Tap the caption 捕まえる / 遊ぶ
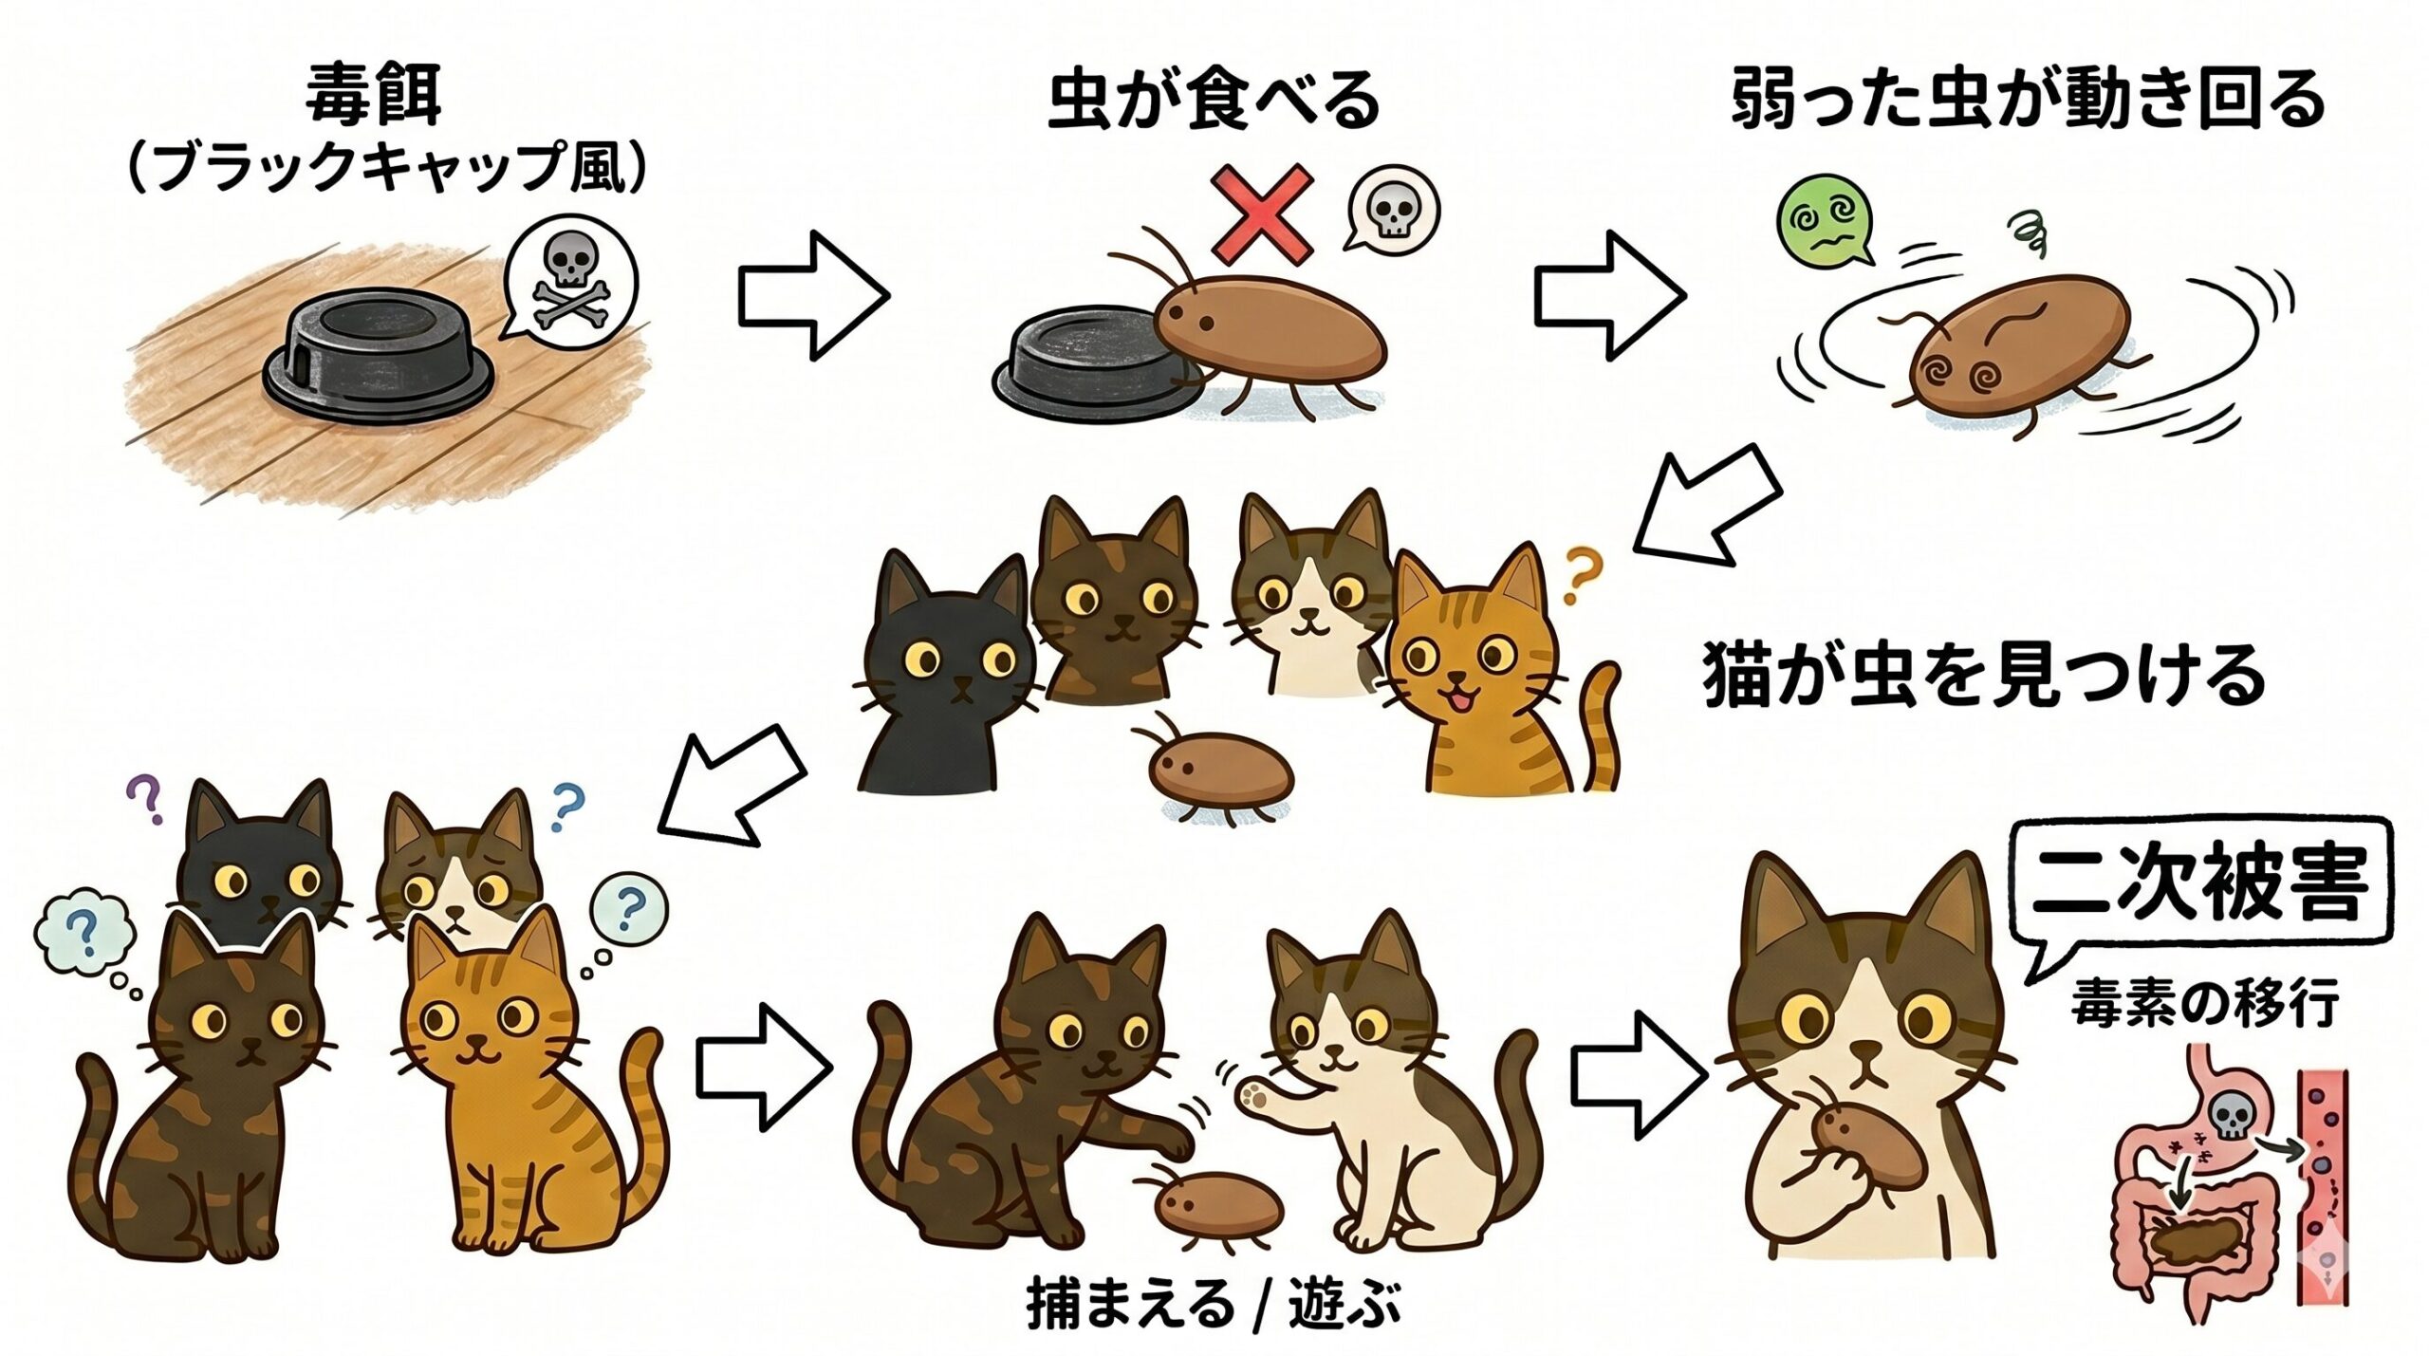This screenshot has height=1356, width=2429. [1214, 1306]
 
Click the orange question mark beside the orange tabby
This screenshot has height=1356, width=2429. [1576, 575]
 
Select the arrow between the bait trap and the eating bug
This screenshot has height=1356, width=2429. [813, 296]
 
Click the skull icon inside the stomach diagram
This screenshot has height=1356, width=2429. [2227, 1119]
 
